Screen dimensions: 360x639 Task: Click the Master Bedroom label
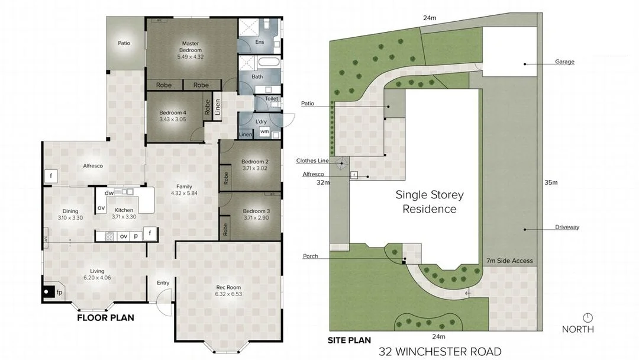pyautogui.click(x=191, y=46)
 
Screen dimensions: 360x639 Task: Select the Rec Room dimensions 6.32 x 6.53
pyautogui.click(x=228, y=294)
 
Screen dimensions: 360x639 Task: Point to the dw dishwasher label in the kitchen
pyautogui.click(x=109, y=193)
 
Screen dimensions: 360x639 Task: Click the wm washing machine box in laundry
pyautogui.click(x=264, y=131)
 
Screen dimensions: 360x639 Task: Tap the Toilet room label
pyautogui.click(x=272, y=99)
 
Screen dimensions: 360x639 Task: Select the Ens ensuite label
pyautogui.click(x=259, y=42)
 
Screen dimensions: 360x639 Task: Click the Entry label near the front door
pyautogui.click(x=163, y=283)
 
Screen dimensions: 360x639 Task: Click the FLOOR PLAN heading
pyautogui.click(x=105, y=318)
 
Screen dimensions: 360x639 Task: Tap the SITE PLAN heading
pyautogui.click(x=349, y=340)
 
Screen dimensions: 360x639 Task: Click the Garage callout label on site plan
pyautogui.click(x=564, y=62)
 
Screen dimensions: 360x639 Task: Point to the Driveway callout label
pyautogui.click(x=567, y=227)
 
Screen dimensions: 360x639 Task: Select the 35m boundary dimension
pyautogui.click(x=551, y=182)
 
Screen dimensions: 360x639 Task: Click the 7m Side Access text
pyautogui.click(x=509, y=261)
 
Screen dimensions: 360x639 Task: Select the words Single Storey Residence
pyautogui.click(x=430, y=201)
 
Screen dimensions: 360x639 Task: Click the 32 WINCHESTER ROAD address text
pyautogui.click(x=440, y=351)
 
